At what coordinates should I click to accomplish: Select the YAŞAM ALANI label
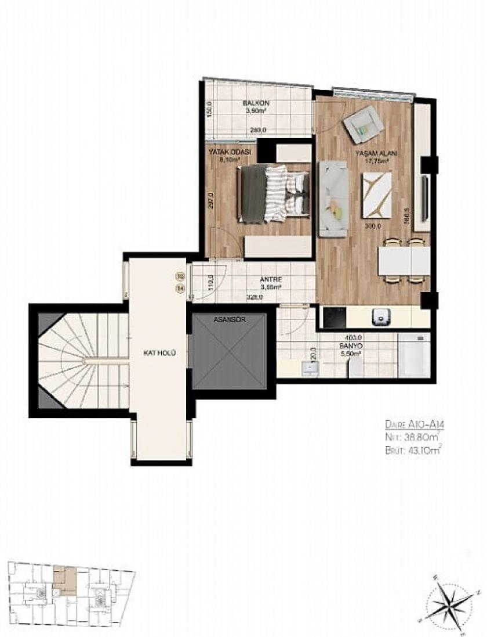[376, 153]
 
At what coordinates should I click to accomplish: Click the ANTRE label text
[270, 279]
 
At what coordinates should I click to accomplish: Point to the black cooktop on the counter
[334, 316]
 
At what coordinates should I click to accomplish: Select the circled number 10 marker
[181, 276]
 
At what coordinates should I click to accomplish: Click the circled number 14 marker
[181, 287]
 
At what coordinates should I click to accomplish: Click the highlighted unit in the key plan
[63, 578]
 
